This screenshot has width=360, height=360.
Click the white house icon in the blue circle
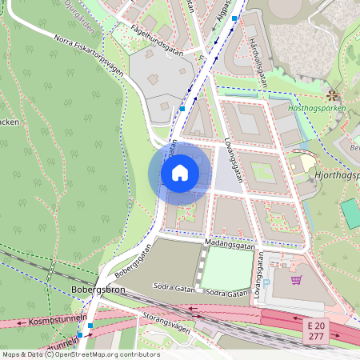pyautogui.click(x=180, y=172)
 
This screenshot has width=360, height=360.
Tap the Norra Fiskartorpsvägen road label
pyautogui.click(x=88, y=55)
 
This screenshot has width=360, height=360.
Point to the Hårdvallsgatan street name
pyautogui.click(x=257, y=62)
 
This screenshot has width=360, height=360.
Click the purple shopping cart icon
pyautogui.click(x=296, y=281)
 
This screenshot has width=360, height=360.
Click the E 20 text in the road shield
pyautogui.click(x=315, y=326)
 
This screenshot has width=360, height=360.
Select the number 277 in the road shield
pyautogui.click(x=315, y=337)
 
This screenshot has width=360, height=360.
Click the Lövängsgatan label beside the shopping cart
pyautogui.click(x=258, y=282)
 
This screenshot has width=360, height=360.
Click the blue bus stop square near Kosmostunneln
pyautogui.click(x=90, y=326)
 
